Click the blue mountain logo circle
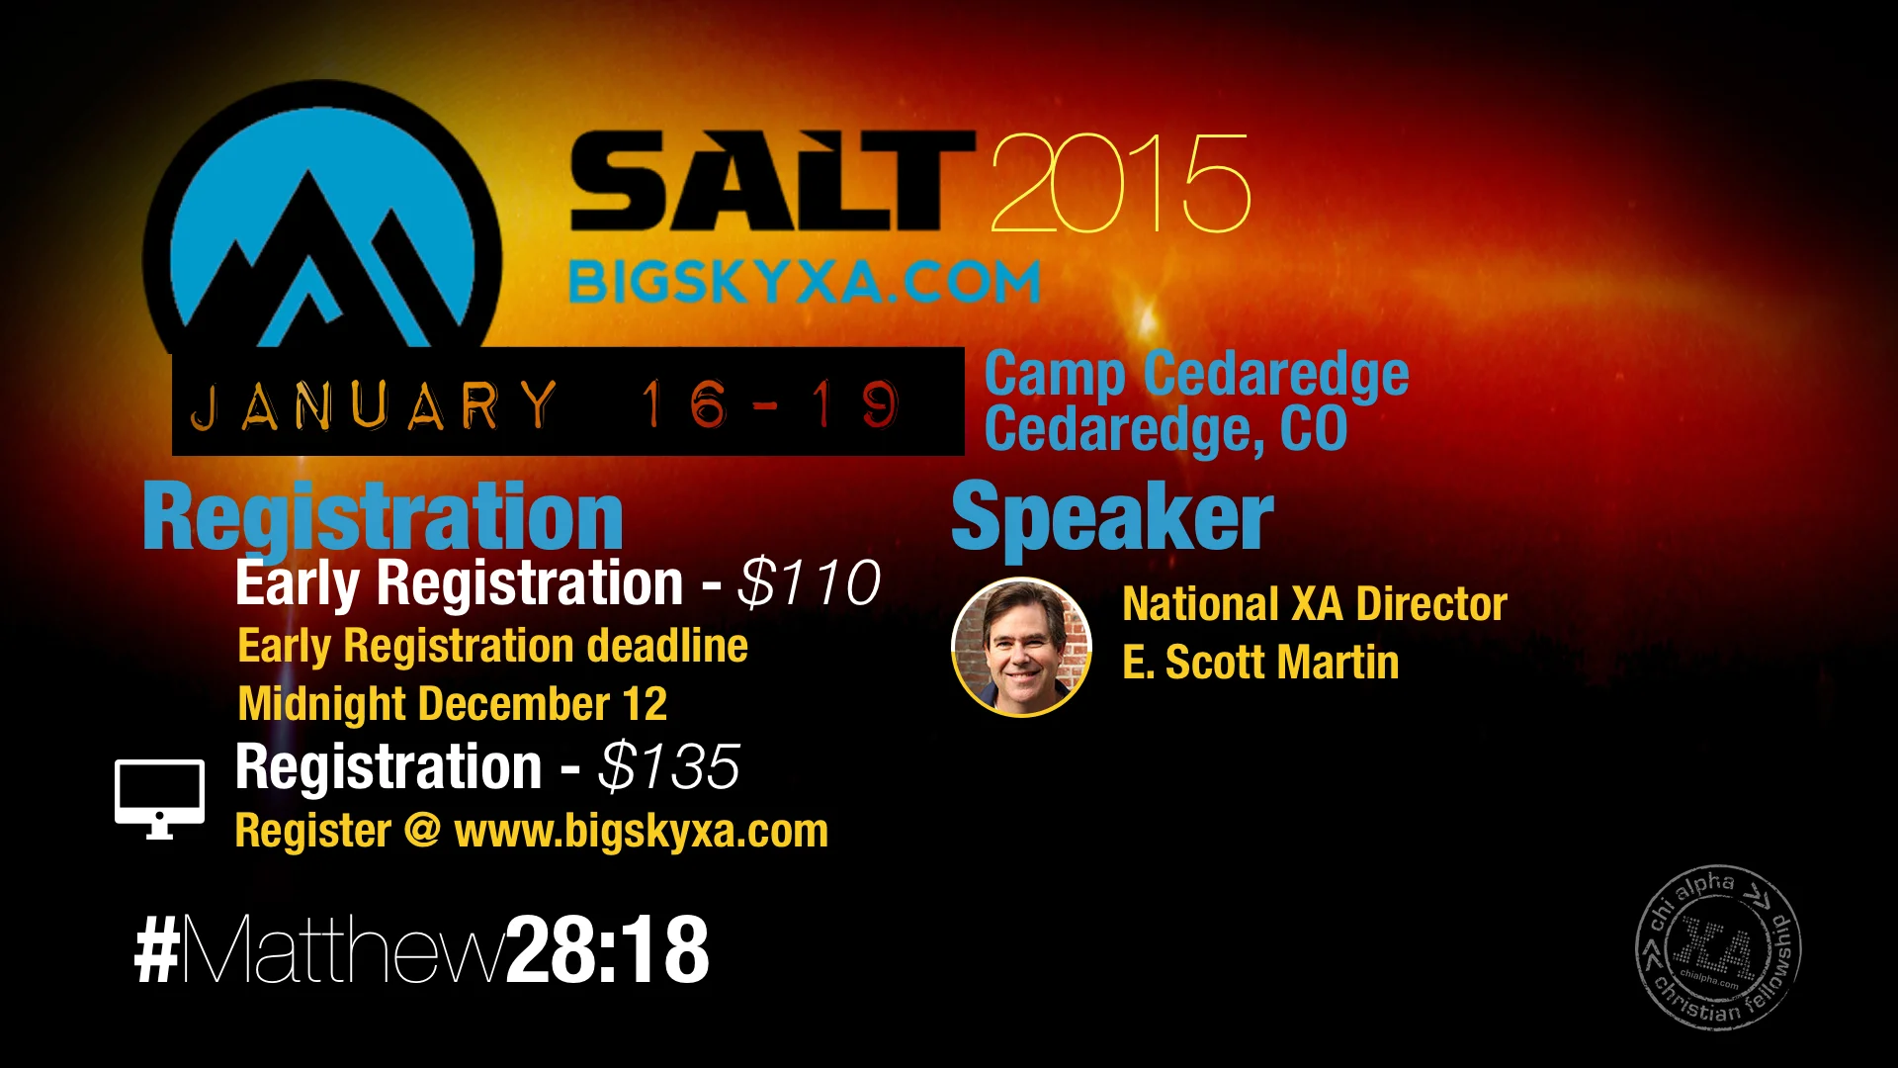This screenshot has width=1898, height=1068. pyautogui.click(x=321, y=227)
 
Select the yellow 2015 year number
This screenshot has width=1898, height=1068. pyautogui.click(x=1120, y=185)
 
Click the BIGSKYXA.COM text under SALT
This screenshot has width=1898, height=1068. pyautogui.click(x=804, y=283)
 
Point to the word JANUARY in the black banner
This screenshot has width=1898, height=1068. pyautogui.click(x=374, y=405)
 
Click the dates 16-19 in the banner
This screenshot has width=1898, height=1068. pyautogui.click(x=769, y=403)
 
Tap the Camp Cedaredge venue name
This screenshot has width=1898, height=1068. pyautogui.click(x=1196, y=374)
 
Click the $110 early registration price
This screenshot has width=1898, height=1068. pyautogui.click(x=809, y=582)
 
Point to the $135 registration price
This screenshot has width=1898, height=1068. pyautogui.click(x=669, y=767)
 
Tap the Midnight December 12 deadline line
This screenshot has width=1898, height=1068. pyautogui.click(x=453, y=704)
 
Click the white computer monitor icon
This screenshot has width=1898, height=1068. pyautogui.click(x=159, y=797)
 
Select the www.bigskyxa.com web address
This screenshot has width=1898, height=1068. pyautogui.click(x=641, y=831)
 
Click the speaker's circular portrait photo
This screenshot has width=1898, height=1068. pyautogui.click(x=1021, y=647)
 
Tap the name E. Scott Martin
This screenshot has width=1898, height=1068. pyautogui.click(x=1260, y=663)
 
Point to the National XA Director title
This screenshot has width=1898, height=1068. pyautogui.click(x=1315, y=604)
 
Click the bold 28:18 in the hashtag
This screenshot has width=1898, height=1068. pyautogui.click(x=607, y=949)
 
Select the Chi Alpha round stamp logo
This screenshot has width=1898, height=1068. pyautogui.click(x=1718, y=947)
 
